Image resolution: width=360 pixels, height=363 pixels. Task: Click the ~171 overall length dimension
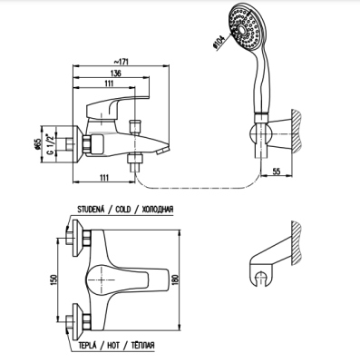tap(121, 62)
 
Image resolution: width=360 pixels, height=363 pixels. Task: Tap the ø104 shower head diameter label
tap(219, 42)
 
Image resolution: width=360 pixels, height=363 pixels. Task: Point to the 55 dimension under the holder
tap(277, 172)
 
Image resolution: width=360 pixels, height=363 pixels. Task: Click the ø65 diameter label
tap(38, 144)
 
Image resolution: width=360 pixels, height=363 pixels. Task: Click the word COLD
tap(123, 210)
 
